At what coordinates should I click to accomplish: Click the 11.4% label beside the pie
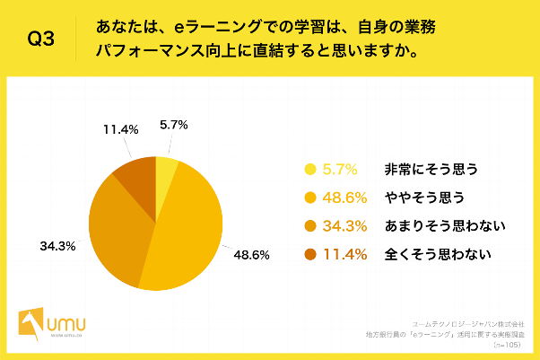[121, 130]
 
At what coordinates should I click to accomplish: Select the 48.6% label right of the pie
[251, 254]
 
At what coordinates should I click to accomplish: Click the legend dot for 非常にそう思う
[311, 169]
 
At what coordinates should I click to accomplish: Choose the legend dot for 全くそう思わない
[311, 255]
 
